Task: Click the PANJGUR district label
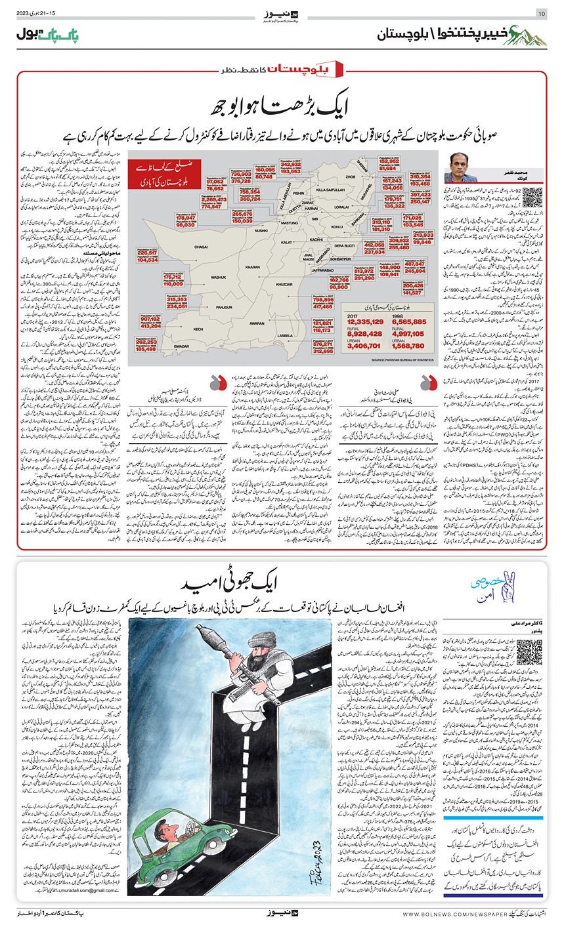click(225, 306)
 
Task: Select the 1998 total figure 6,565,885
click(409, 321)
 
